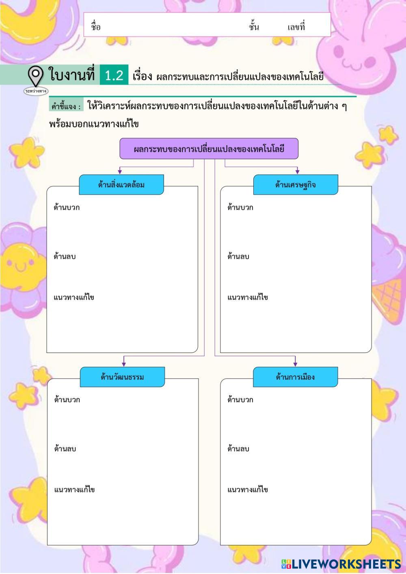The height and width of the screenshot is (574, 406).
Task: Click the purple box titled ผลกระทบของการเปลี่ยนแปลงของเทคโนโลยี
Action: tap(209, 148)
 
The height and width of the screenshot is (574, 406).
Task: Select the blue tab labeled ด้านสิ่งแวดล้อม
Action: tap(121, 185)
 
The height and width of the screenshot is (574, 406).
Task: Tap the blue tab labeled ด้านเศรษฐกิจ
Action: tap(296, 185)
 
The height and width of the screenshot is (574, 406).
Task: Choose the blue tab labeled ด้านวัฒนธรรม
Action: tap(122, 377)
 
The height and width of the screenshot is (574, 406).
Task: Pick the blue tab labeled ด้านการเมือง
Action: tap(295, 377)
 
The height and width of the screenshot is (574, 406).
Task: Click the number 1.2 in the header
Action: tap(114, 75)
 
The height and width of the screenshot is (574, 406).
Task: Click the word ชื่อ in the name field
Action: tap(96, 27)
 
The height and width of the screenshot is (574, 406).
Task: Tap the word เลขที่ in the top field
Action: tap(296, 27)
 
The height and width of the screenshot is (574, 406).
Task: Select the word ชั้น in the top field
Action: tap(254, 27)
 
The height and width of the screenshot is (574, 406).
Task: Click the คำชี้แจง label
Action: tap(66, 107)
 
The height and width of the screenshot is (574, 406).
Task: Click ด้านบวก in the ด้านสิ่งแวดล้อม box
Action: tap(67, 208)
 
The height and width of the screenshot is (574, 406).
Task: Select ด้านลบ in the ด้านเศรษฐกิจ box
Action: tap(238, 257)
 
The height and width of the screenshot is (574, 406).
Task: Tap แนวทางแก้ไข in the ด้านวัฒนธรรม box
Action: tap(75, 490)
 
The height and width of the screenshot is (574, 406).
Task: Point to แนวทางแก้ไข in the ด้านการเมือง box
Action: tap(248, 490)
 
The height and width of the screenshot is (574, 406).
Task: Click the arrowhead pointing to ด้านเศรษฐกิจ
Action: tap(297, 172)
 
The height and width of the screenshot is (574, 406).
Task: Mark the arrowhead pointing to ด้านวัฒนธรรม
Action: tap(124, 364)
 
